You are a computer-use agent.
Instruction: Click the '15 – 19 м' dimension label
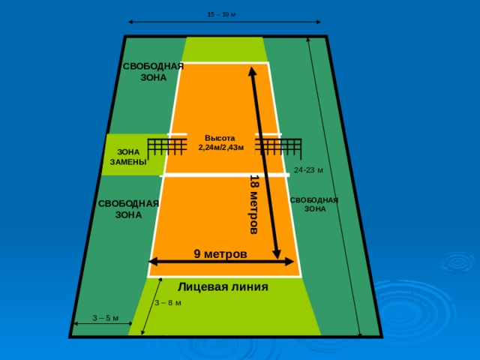click(x=222, y=14)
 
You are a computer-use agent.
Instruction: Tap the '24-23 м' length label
click(x=308, y=170)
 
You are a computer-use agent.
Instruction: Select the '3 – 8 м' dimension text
click(x=168, y=303)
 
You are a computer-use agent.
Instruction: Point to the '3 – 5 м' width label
click(x=106, y=318)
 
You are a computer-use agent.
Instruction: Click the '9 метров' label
click(x=220, y=253)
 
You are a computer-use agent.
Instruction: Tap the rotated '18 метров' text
click(x=254, y=205)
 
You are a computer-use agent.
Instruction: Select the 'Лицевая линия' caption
click(x=223, y=286)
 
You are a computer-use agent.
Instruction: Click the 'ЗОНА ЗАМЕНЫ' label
click(x=128, y=157)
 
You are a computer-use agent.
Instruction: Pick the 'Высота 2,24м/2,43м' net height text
click(x=221, y=142)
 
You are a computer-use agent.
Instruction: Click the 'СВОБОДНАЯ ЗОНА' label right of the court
click(x=314, y=205)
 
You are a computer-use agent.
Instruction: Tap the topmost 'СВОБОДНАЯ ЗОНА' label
click(x=153, y=72)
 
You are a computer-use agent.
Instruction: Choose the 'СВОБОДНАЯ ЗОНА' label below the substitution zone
click(x=128, y=209)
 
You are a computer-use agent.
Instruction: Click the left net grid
click(x=167, y=147)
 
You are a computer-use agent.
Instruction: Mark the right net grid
click(x=278, y=147)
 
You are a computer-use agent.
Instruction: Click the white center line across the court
click(x=224, y=175)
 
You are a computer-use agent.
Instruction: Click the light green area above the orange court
click(x=223, y=49)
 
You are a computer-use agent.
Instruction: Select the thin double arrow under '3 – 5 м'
click(x=103, y=323)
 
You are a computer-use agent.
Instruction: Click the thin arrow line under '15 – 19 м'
click(x=224, y=22)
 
